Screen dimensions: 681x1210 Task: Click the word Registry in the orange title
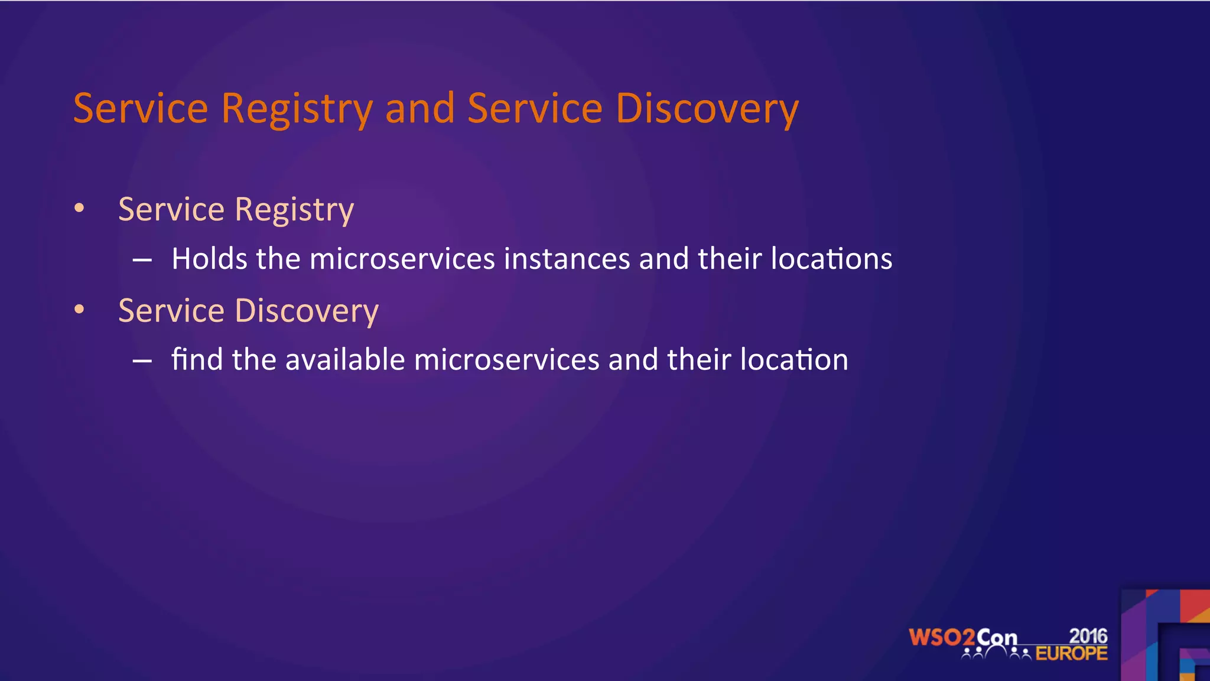click(x=297, y=109)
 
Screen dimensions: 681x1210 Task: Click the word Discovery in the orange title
click(x=707, y=109)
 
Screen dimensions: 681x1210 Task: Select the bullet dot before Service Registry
click(x=80, y=208)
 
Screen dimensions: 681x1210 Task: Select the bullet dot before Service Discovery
click(x=80, y=309)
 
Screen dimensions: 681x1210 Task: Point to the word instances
click(x=567, y=259)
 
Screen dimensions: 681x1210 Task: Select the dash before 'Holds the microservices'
click(x=142, y=260)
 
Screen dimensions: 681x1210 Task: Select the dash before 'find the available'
click(x=142, y=361)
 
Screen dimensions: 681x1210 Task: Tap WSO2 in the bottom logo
click(x=941, y=638)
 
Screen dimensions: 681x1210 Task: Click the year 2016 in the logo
click(x=1088, y=636)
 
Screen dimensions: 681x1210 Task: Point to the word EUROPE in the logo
click(x=1071, y=654)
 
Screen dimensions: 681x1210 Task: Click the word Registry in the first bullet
click(x=294, y=210)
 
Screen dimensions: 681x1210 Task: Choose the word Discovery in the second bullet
click(x=307, y=311)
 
